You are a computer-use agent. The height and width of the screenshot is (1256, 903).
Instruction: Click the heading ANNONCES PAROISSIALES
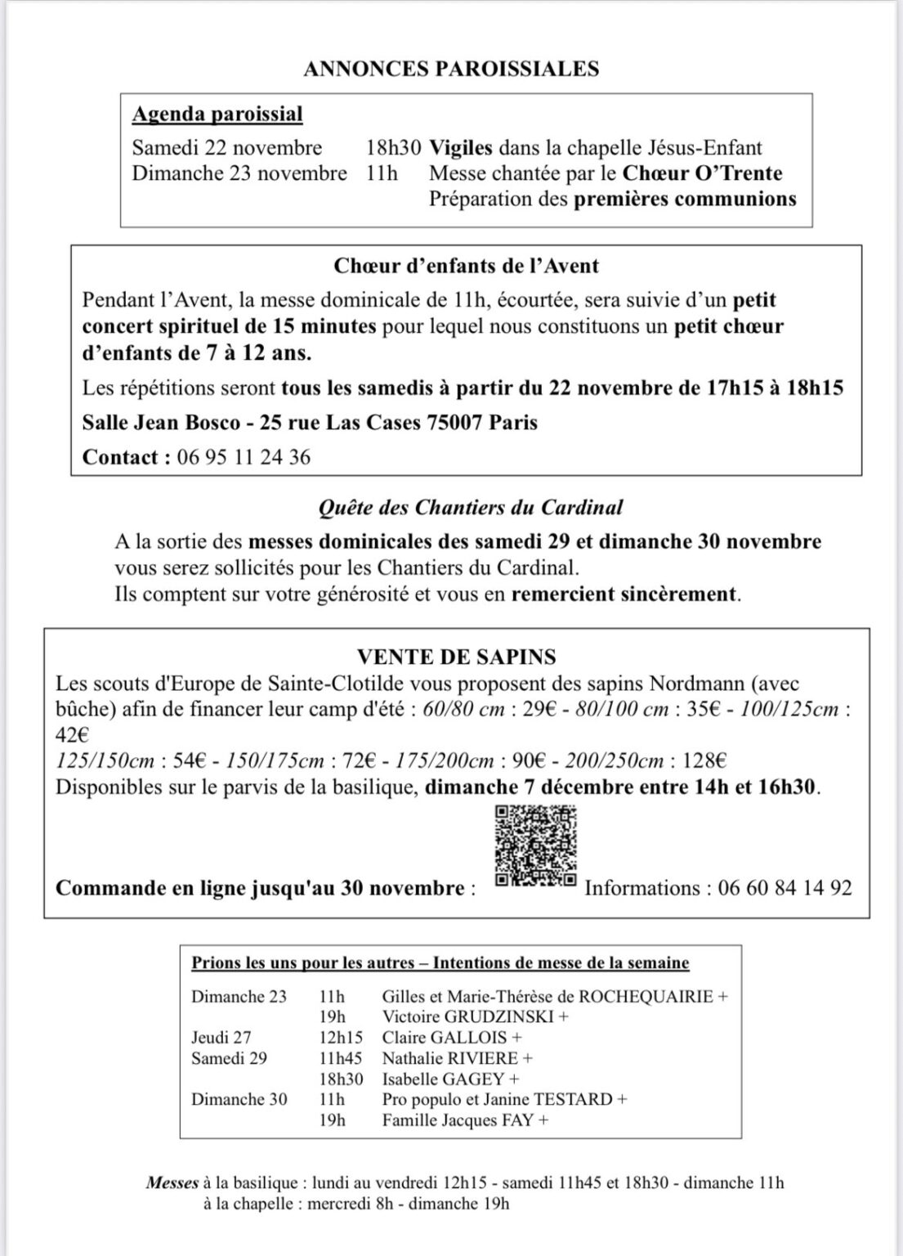(x=451, y=70)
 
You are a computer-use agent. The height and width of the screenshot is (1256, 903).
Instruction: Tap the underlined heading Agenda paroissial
(x=217, y=114)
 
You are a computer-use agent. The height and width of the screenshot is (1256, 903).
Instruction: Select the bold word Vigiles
(x=461, y=148)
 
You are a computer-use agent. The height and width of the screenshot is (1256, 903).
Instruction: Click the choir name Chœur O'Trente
(x=702, y=173)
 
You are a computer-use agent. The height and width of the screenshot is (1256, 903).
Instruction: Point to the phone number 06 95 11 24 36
(x=244, y=456)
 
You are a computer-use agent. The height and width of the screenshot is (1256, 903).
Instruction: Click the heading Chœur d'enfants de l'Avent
(x=467, y=266)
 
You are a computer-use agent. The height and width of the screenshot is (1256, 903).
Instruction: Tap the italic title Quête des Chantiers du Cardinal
(x=470, y=508)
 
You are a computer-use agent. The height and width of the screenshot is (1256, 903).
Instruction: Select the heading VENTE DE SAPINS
(x=456, y=657)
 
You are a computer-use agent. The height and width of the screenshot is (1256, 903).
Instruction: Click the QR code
(x=536, y=846)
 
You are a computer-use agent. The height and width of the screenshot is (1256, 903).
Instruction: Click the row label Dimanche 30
(x=239, y=1099)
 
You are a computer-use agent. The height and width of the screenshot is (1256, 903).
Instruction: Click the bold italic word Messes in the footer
(x=172, y=1182)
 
